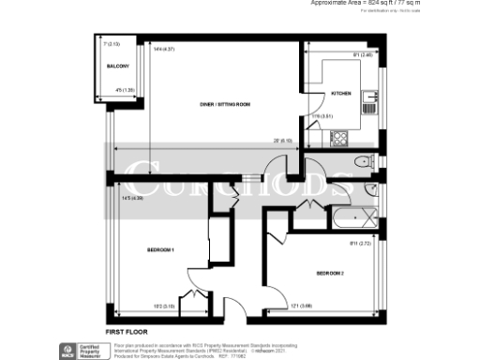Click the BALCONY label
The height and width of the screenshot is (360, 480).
[117, 67]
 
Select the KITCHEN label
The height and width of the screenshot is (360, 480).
[341, 92]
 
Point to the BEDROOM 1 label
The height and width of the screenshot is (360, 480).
[161, 250]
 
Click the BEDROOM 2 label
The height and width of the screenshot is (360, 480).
[330, 273]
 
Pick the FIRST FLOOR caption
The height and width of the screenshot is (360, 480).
[127, 332]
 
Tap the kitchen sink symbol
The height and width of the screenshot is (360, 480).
[373, 97]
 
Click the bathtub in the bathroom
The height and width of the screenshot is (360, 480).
[352, 221]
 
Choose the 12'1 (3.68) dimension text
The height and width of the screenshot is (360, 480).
[302, 307]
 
